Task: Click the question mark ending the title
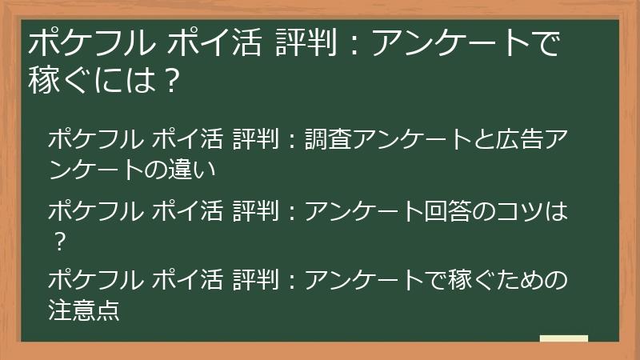[x=169, y=80]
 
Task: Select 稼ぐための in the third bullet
[x=494, y=280]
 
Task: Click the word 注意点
[x=84, y=310]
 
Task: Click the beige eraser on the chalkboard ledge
[x=563, y=338]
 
